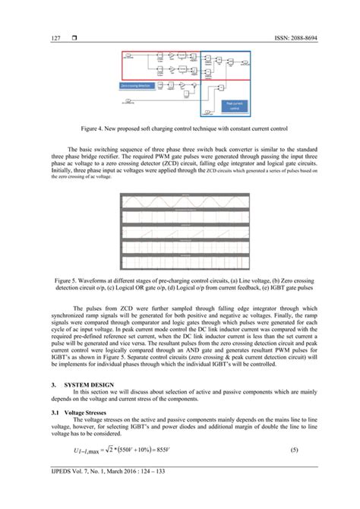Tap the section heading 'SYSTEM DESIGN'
pos(89,385)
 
